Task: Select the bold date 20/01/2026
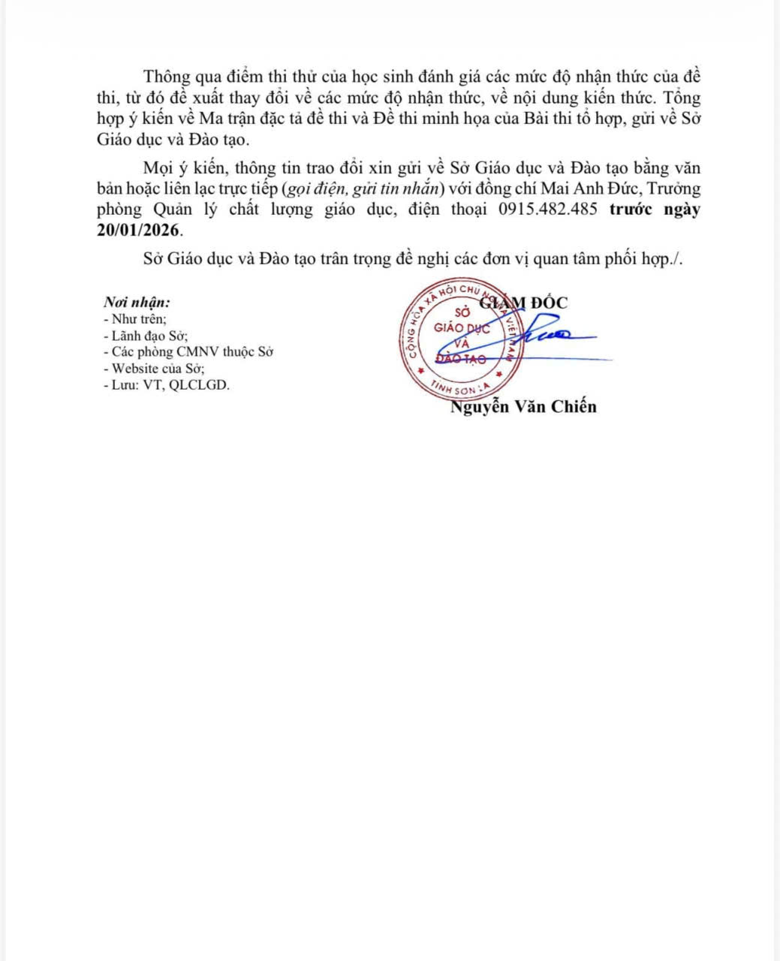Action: click(139, 230)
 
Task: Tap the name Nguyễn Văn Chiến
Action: click(523, 407)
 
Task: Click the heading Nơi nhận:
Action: click(137, 303)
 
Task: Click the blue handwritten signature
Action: click(552, 335)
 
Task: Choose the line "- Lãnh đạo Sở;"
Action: click(146, 336)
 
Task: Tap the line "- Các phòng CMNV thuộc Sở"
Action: click(188, 352)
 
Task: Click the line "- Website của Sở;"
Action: click(154, 369)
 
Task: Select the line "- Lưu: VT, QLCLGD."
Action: click(167, 385)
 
